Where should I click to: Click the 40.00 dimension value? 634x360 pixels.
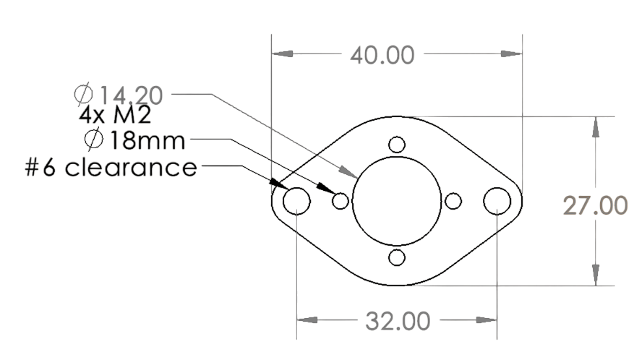pyautogui.click(x=382, y=56)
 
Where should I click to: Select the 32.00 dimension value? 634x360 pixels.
pyautogui.click(x=397, y=320)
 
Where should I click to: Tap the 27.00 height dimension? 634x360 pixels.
pyautogui.click(x=595, y=206)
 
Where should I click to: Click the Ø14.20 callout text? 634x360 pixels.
pyautogui.click(x=119, y=95)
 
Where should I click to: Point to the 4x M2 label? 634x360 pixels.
pyautogui.click(x=113, y=116)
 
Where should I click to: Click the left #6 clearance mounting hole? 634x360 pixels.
pyautogui.click(x=296, y=200)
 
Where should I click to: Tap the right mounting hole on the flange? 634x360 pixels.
pyautogui.click(x=497, y=200)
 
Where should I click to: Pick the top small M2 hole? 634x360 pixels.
pyautogui.click(x=396, y=144)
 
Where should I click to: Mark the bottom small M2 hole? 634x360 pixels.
pyautogui.click(x=396, y=257)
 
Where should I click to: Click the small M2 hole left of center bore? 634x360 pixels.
pyautogui.click(x=340, y=200)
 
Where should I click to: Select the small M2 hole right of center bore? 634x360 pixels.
pyautogui.click(x=453, y=200)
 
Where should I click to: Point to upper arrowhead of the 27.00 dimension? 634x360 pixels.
pyautogui.click(x=595, y=127)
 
